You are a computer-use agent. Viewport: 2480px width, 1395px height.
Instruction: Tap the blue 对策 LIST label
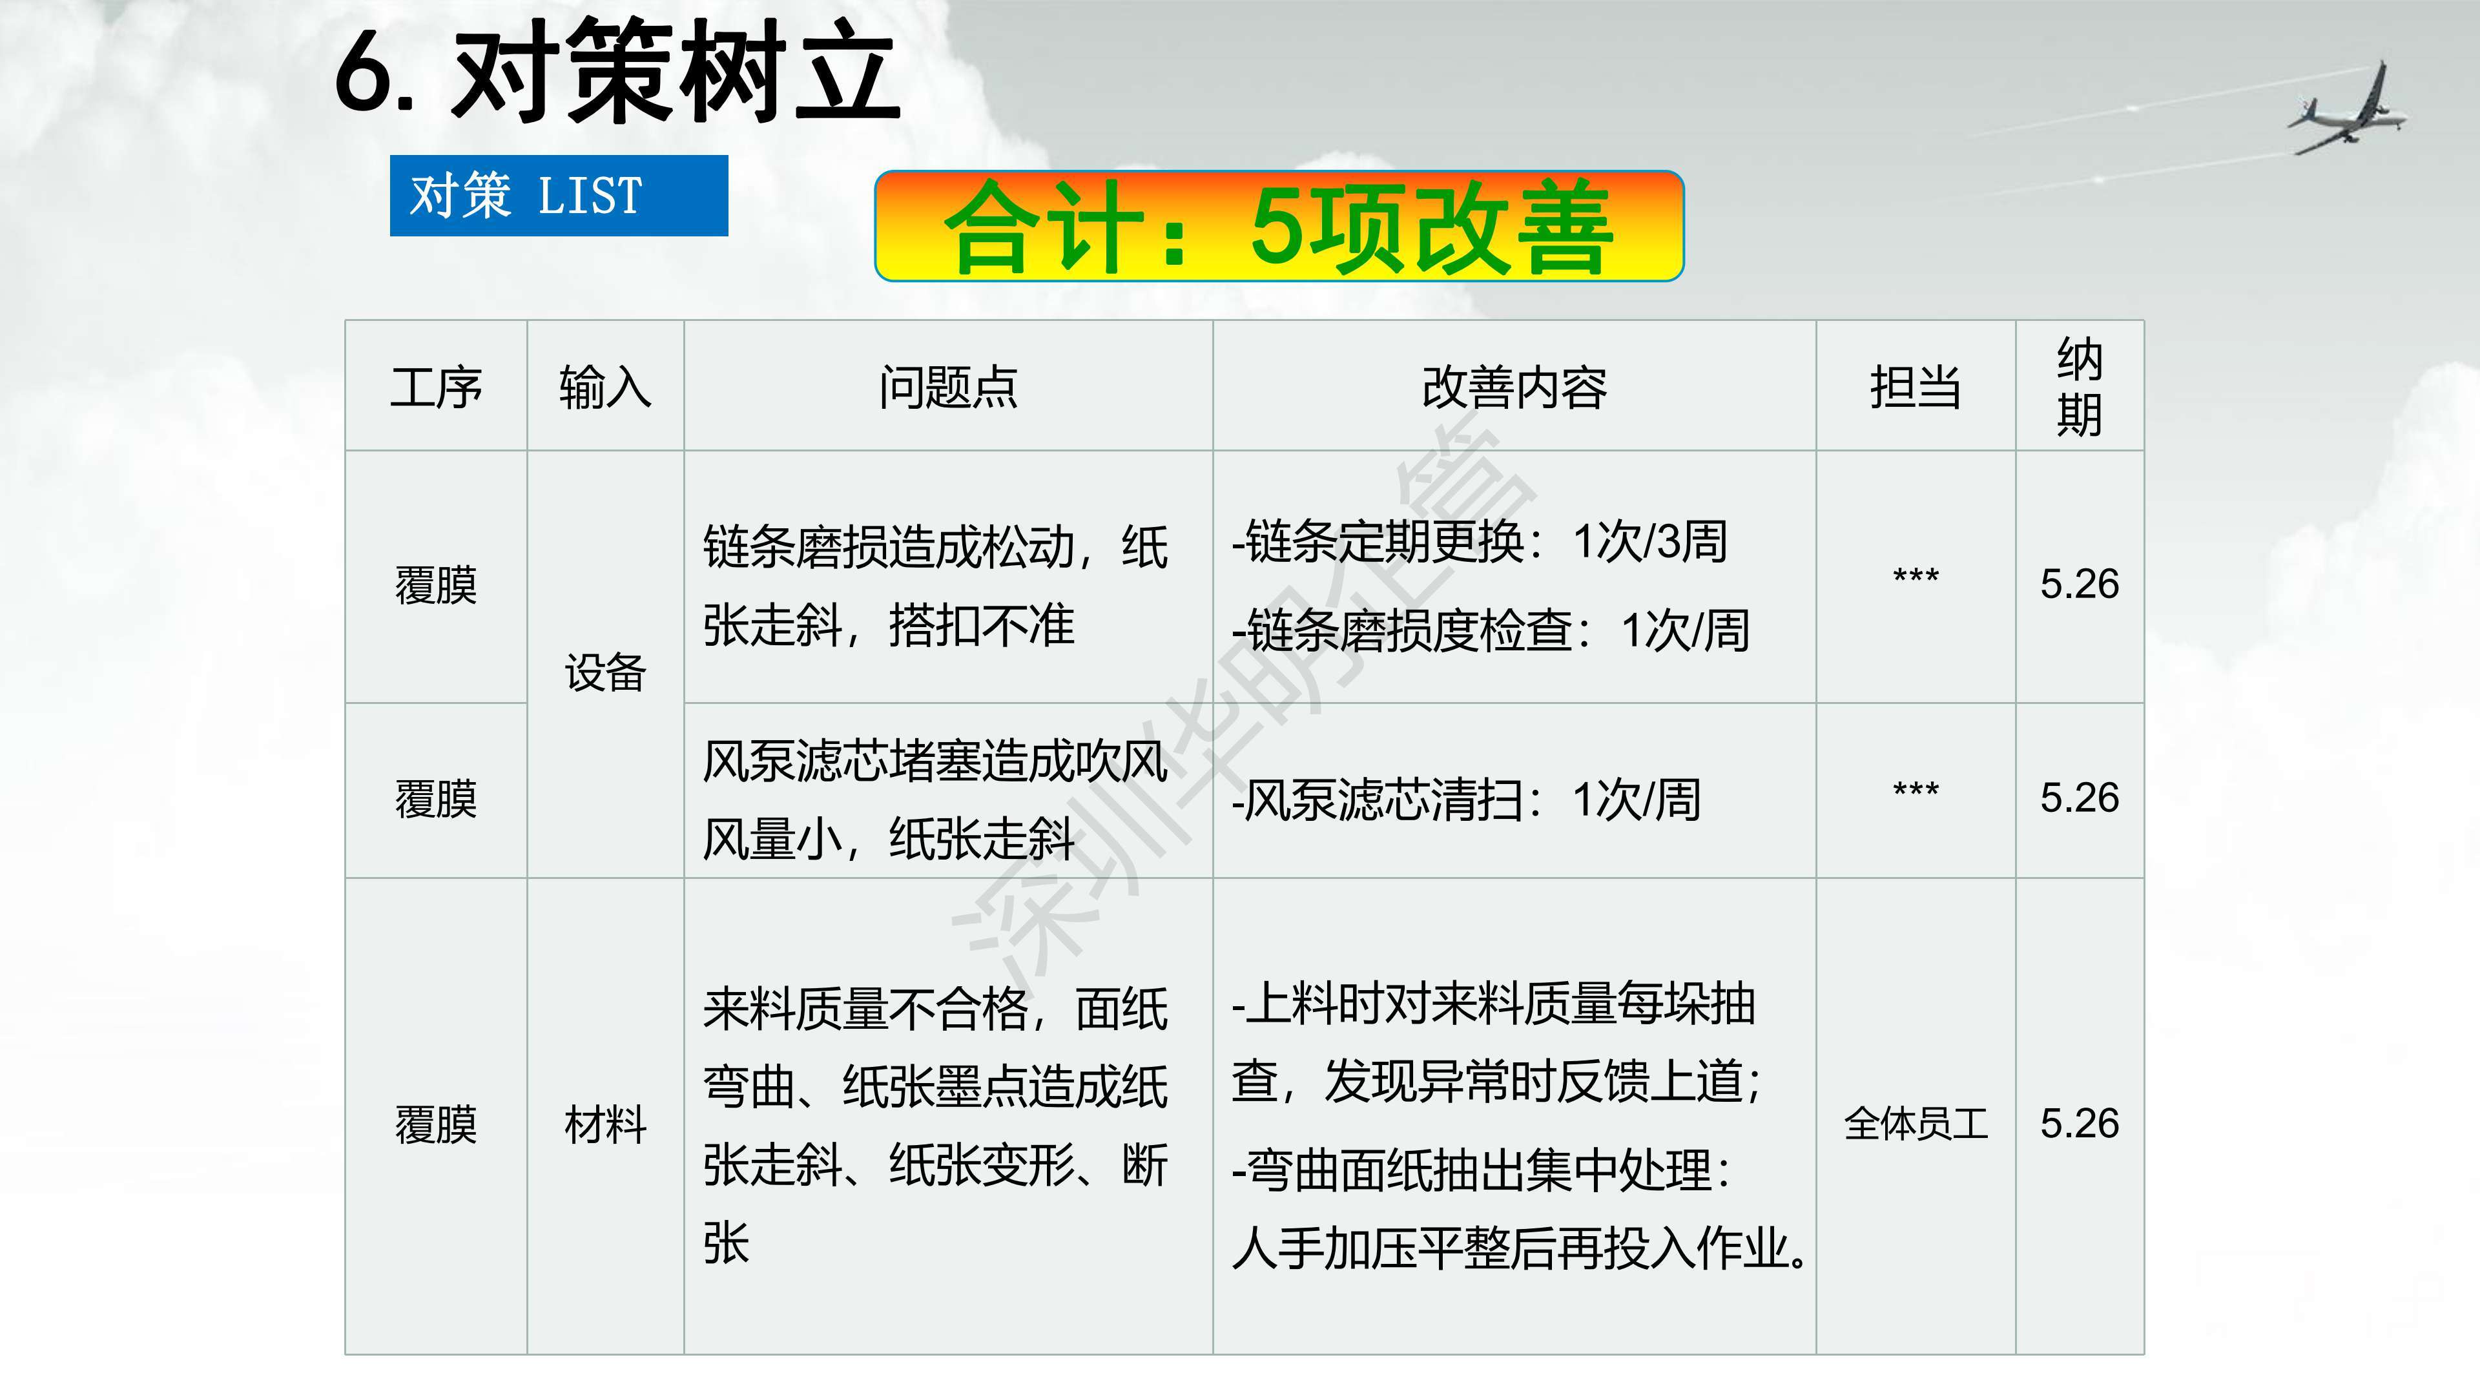point(559,196)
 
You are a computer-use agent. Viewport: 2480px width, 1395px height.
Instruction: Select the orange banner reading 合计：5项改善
point(1279,226)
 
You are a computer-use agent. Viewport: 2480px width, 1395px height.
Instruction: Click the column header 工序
point(436,387)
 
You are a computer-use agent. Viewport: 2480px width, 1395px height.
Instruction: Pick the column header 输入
point(604,387)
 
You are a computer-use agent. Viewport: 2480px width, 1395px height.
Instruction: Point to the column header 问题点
point(948,387)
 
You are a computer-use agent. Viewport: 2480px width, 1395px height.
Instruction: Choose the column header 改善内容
point(1514,387)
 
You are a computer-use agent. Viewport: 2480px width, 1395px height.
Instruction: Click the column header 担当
point(1916,387)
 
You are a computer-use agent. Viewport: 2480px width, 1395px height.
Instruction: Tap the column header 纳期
point(2080,387)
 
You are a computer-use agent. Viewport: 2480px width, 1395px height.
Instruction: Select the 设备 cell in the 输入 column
point(604,672)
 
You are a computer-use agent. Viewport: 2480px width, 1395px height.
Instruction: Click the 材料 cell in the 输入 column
point(604,1124)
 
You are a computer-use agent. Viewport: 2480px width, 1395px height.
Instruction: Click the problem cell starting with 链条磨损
point(935,585)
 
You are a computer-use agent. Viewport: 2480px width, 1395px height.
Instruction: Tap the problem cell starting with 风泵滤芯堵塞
point(935,799)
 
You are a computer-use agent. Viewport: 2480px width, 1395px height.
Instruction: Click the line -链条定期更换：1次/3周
point(1480,541)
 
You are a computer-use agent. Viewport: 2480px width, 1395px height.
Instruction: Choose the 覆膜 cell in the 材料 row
point(436,1124)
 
